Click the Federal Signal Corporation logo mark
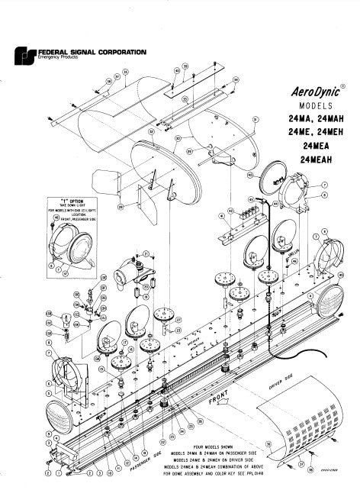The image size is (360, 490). (24, 55)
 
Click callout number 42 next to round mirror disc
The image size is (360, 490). (249, 174)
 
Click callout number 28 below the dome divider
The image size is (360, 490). (121, 205)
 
